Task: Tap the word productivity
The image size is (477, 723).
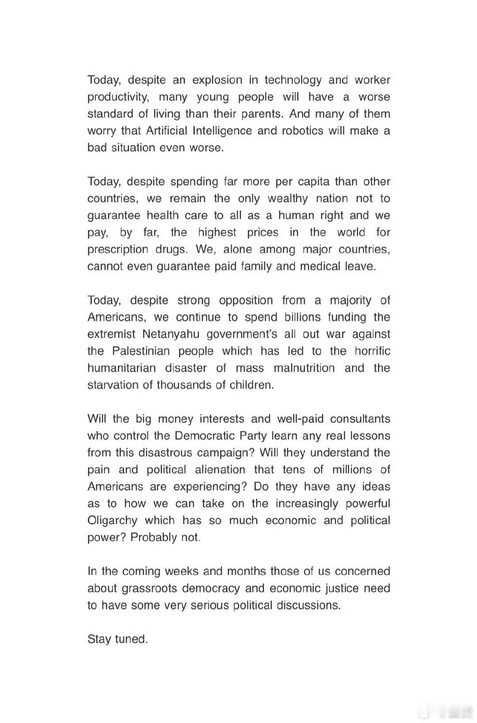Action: pos(118,97)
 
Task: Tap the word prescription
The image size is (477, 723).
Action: pos(118,249)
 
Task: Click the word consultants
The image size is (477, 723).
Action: pos(360,419)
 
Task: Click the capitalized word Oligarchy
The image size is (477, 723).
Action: pos(113,521)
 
